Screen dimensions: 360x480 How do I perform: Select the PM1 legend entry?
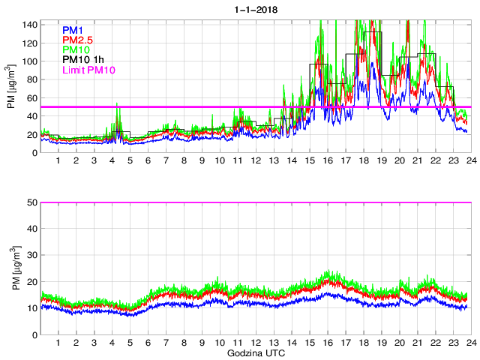point(73,29)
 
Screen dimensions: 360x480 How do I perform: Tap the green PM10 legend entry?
point(76,49)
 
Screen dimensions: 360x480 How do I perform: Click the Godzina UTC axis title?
point(255,352)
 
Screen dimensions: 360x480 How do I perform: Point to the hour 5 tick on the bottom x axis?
point(130,343)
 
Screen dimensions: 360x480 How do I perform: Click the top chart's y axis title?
point(12,87)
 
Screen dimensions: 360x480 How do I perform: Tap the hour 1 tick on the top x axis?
point(58,161)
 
